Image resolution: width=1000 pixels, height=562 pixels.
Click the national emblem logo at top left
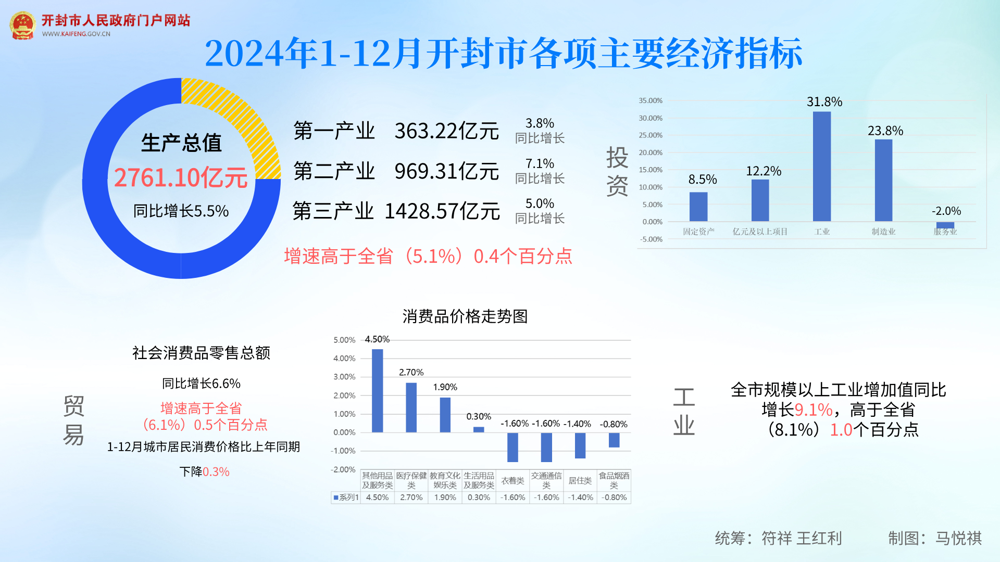click(22, 25)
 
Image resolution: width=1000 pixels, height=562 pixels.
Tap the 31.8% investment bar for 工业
click(822, 167)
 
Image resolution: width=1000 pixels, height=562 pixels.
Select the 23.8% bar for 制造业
click(883, 180)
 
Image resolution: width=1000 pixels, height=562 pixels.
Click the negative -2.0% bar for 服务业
click(945, 225)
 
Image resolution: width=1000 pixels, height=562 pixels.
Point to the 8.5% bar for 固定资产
click(698, 207)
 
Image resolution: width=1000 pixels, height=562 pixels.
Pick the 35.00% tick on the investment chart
click(651, 100)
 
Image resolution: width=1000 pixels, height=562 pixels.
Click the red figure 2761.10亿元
click(181, 178)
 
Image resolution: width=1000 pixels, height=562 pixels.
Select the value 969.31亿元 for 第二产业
click(446, 171)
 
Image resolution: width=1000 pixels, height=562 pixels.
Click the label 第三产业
click(333, 211)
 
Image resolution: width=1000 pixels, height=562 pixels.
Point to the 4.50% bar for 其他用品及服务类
click(377, 390)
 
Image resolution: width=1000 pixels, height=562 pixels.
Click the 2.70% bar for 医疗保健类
click(411, 407)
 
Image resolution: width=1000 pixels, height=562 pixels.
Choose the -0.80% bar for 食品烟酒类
click(614, 440)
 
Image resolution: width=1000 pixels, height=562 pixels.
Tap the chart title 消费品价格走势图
click(465, 316)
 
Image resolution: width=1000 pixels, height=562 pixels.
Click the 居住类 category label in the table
click(580, 480)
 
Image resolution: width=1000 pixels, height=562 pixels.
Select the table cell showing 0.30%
click(479, 497)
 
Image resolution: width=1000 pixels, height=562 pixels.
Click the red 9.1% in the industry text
click(814, 410)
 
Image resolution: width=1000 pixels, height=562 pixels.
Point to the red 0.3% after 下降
click(216, 472)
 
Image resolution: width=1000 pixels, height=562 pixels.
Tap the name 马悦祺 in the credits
click(958, 538)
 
